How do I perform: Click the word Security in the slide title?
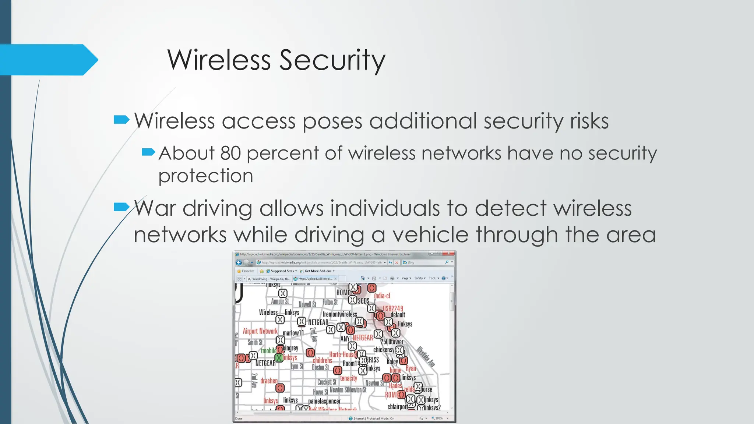pos(332,60)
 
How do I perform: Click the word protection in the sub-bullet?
pos(205,176)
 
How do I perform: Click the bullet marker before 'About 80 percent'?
pos(148,152)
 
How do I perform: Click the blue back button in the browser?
pos(239,262)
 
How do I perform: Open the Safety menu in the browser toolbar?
pos(419,278)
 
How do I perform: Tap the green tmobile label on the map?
pos(268,351)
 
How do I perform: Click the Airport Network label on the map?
pos(260,331)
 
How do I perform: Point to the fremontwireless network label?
pos(339,314)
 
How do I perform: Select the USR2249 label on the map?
pos(393,308)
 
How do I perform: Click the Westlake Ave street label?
pos(426,356)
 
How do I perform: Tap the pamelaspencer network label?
pos(324,401)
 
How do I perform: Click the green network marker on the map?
pos(279,357)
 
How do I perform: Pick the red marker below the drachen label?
pos(280,388)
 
